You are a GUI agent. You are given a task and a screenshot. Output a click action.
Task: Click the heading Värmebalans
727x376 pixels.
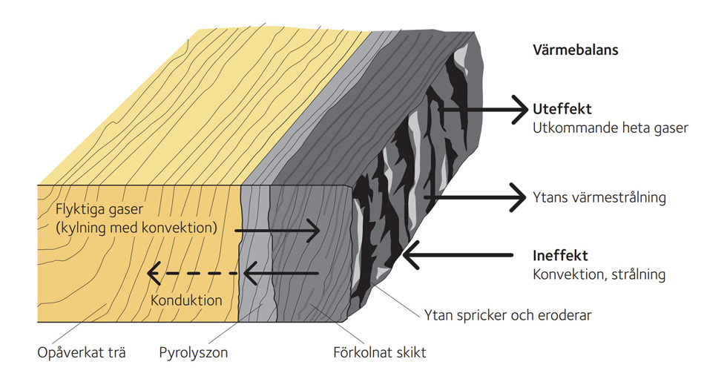576,50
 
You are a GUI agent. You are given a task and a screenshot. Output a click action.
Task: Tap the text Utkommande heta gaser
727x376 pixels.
611,128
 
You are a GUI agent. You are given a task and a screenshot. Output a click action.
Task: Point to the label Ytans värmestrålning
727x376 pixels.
599,198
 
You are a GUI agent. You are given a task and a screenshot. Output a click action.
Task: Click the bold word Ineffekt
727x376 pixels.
560,255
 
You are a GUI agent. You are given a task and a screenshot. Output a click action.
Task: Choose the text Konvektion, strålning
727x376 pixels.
599,274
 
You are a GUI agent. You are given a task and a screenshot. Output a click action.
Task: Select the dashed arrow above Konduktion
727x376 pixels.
193,274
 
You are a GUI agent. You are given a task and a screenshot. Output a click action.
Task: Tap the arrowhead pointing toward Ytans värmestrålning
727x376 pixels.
520,198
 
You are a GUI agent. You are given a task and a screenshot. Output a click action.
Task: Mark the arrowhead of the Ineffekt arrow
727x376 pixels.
410,256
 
